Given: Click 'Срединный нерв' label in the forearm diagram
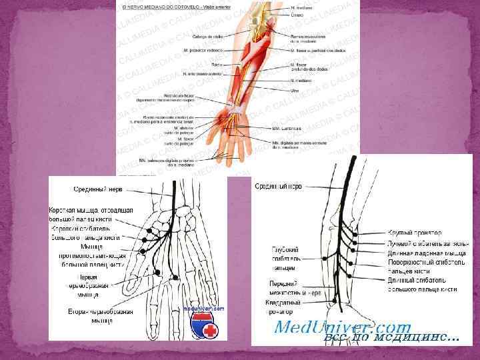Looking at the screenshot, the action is click(279, 187).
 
